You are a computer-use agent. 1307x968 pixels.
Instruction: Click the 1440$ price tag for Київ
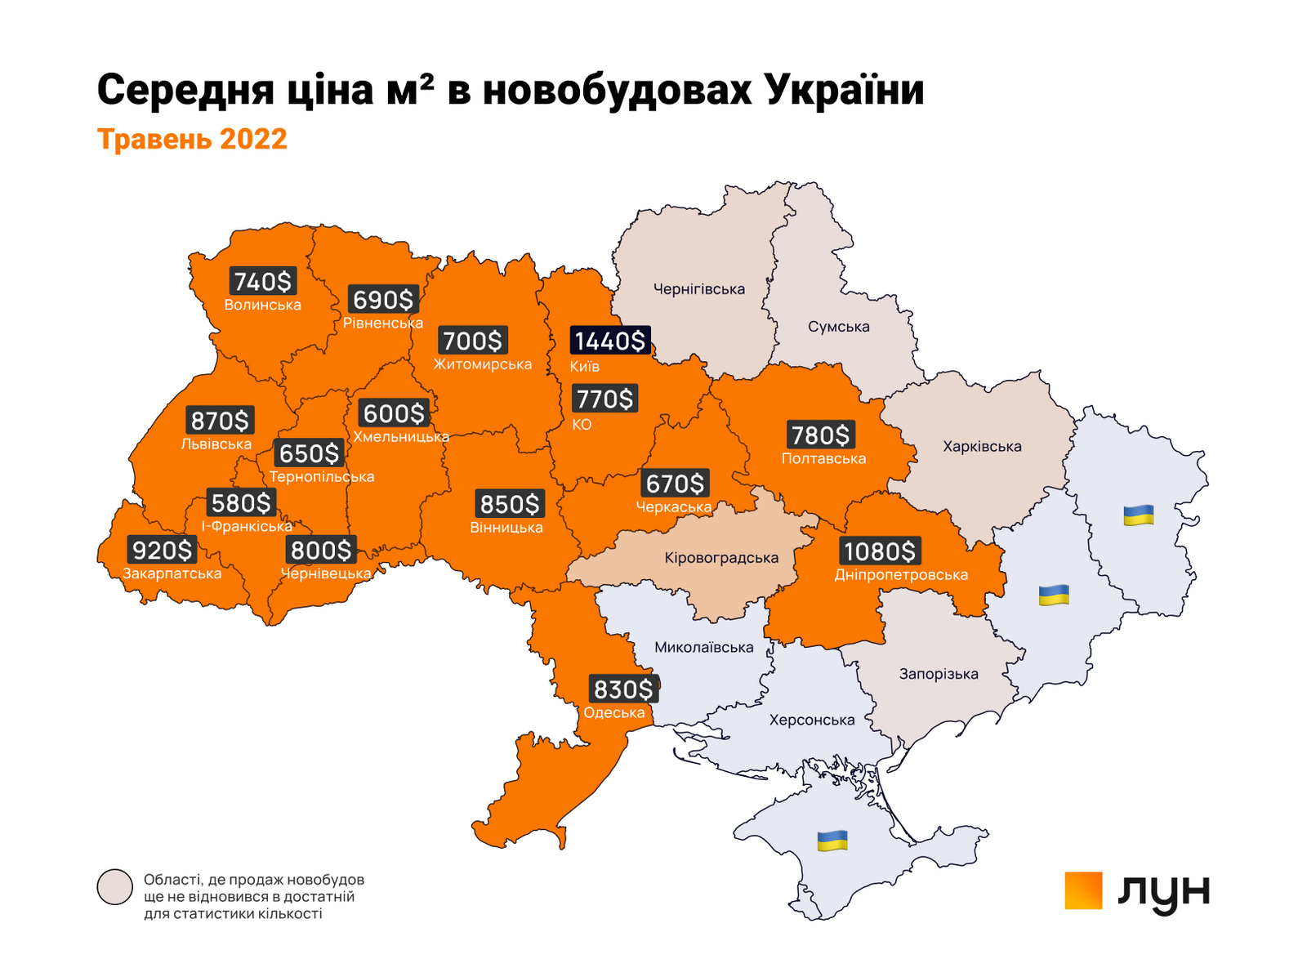[x=609, y=341]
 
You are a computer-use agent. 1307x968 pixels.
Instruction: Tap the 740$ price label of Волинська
[x=262, y=282]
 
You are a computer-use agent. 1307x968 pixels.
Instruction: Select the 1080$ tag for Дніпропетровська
[x=880, y=551]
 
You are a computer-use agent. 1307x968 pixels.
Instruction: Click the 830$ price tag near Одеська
[x=623, y=690]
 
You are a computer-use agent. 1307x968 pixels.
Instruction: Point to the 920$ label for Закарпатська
[x=163, y=551]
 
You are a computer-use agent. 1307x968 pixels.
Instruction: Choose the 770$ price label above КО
[x=604, y=399]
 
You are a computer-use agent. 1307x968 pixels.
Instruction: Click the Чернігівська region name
[x=699, y=289]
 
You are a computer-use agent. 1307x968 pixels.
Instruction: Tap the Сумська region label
[x=839, y=327]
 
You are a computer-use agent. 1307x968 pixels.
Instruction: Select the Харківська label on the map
[x=982, y=447]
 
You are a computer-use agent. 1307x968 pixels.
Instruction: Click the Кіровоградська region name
[x=721, y=559]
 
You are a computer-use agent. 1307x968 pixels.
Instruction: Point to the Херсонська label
[x=812, y=720]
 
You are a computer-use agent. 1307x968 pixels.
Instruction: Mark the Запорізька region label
[x=939, y=675]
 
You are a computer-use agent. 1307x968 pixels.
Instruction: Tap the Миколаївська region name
[x=704, y=648]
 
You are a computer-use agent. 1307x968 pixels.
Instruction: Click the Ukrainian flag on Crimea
[x=832, y=841]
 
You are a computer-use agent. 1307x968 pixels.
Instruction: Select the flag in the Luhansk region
[x=1138, y=515]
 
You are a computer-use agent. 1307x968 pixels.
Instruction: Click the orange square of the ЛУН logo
[x=1083, y=890]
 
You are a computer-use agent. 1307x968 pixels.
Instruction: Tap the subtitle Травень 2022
[x=193, y=139]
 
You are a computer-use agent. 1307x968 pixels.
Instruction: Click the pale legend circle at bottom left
[x=114, y=887]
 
